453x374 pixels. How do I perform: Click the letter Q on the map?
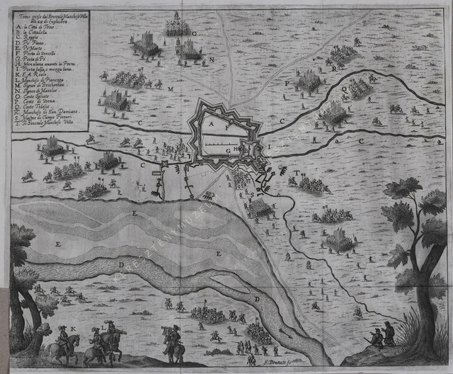coord(345,90)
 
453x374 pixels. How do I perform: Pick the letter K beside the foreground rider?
coord(72,329)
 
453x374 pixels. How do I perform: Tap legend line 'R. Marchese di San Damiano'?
coord(47,111)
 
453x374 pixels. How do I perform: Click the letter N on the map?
coord(210,59)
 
